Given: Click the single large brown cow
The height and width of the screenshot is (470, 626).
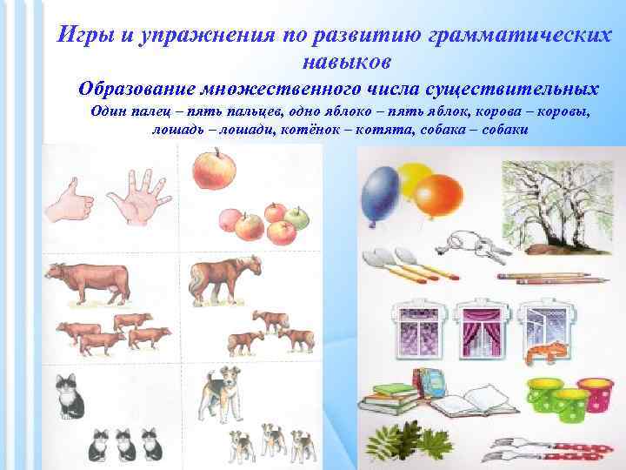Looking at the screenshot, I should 91,284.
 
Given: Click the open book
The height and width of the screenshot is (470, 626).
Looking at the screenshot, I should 465,407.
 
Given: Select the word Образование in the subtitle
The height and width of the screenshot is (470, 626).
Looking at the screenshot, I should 137,89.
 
